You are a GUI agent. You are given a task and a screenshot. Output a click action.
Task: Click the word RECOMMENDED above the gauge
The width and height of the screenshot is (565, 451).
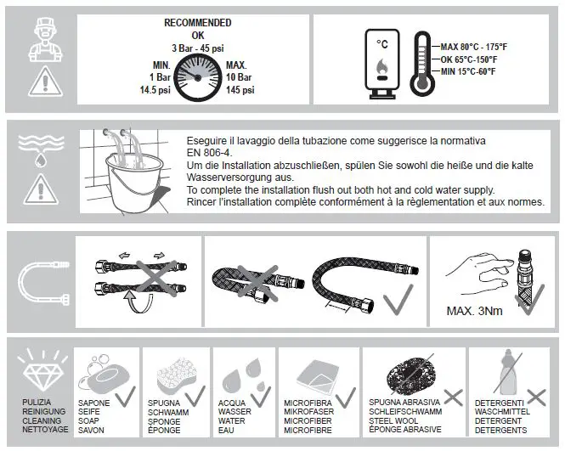coord(197,23)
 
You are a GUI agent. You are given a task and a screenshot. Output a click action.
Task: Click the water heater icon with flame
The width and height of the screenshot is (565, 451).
coord(381,64)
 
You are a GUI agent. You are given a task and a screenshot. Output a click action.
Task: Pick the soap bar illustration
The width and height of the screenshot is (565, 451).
coord(99,375)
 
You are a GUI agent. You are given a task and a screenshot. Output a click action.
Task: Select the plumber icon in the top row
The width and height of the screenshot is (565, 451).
coord(37,36)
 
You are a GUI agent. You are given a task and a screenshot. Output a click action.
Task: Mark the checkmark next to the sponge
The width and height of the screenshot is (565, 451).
coord(192,395)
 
